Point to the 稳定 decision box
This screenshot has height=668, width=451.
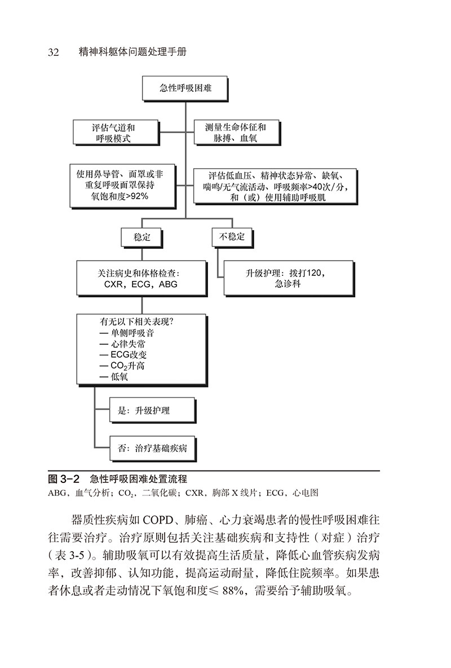(142, 238)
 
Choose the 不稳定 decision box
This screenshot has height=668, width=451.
(232, 237)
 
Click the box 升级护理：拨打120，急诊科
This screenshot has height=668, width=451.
(288, 278)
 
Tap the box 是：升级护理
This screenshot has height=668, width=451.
(144, 411)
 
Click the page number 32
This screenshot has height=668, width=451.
(54, 52)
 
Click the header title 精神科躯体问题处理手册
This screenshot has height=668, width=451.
(134, 52)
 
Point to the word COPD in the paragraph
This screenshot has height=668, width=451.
(154, 520)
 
